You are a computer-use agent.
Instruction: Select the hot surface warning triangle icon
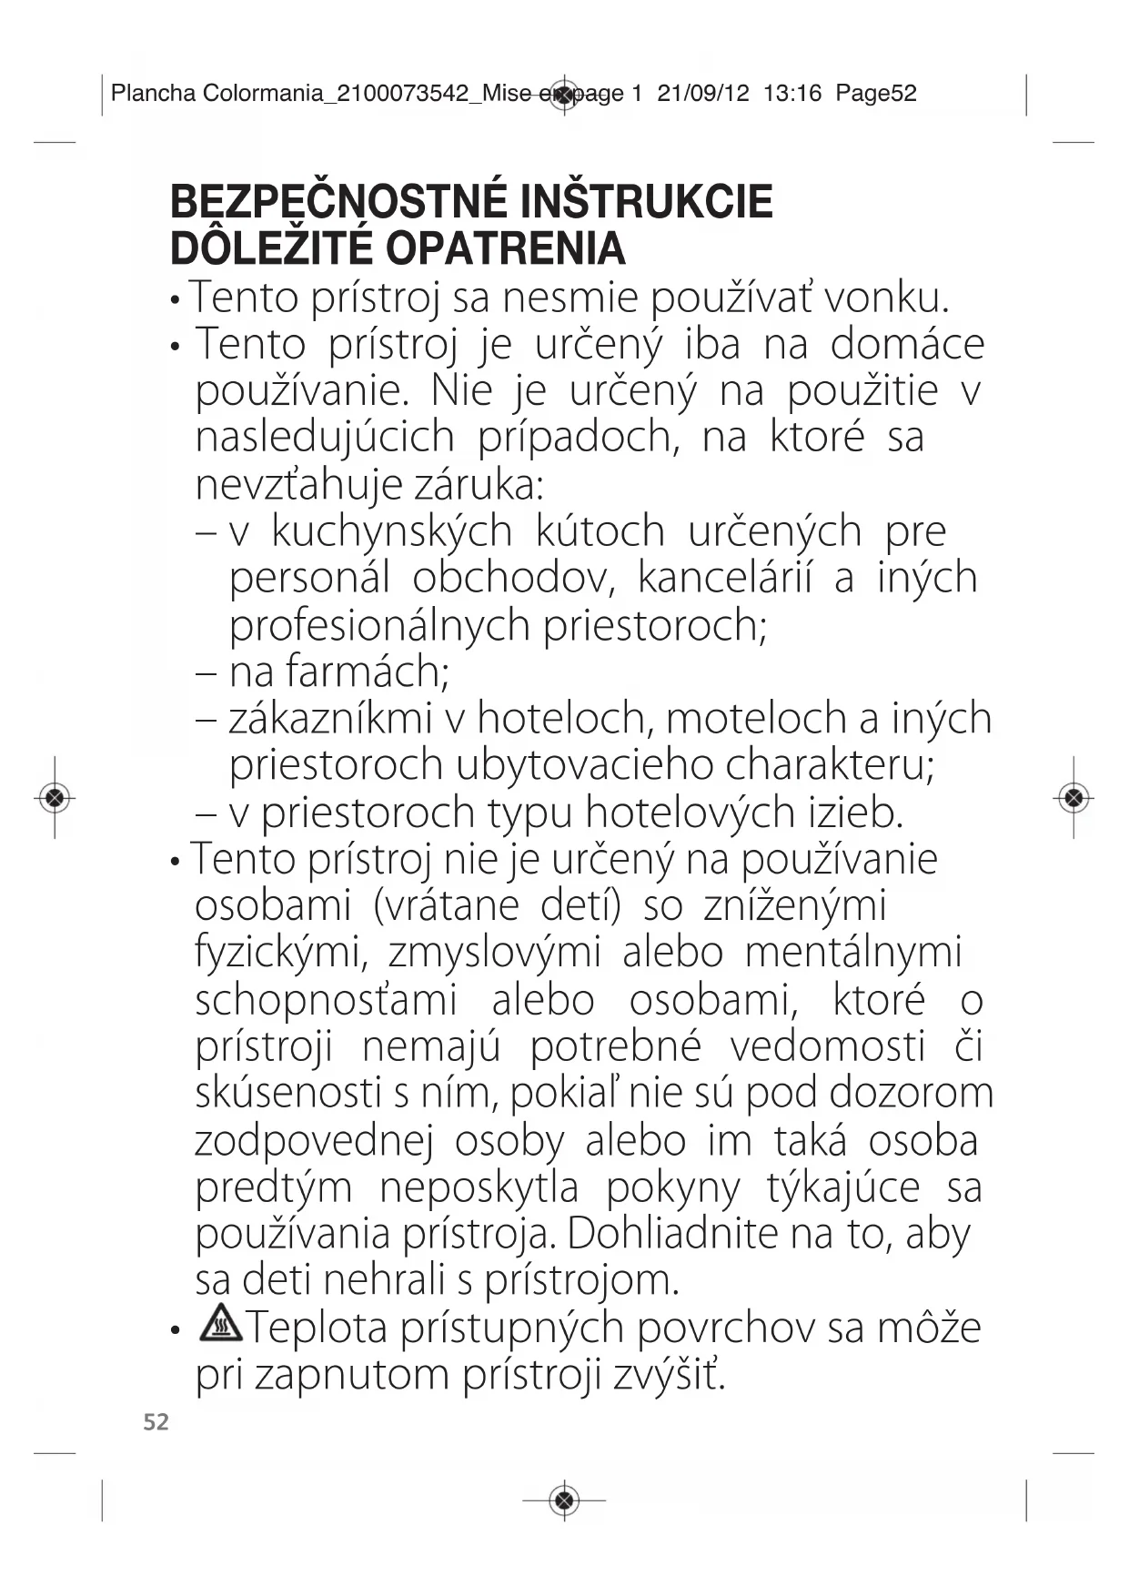[x=221, y=1323]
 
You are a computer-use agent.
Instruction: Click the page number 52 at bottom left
[x=156, y=1422]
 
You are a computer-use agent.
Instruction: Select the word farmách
[x=368, y=672]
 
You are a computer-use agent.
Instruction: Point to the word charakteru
[x=830, y=765]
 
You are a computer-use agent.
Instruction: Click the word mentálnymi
[x=853, y=953]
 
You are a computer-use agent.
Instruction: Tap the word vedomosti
[x=827, y=1046]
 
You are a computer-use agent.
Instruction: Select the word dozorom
[x=911, y=1093]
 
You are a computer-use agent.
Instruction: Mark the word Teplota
[x=318, y=1328]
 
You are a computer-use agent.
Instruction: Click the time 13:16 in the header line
[x=792, y=93]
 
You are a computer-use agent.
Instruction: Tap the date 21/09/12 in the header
[x=703, y=93]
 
